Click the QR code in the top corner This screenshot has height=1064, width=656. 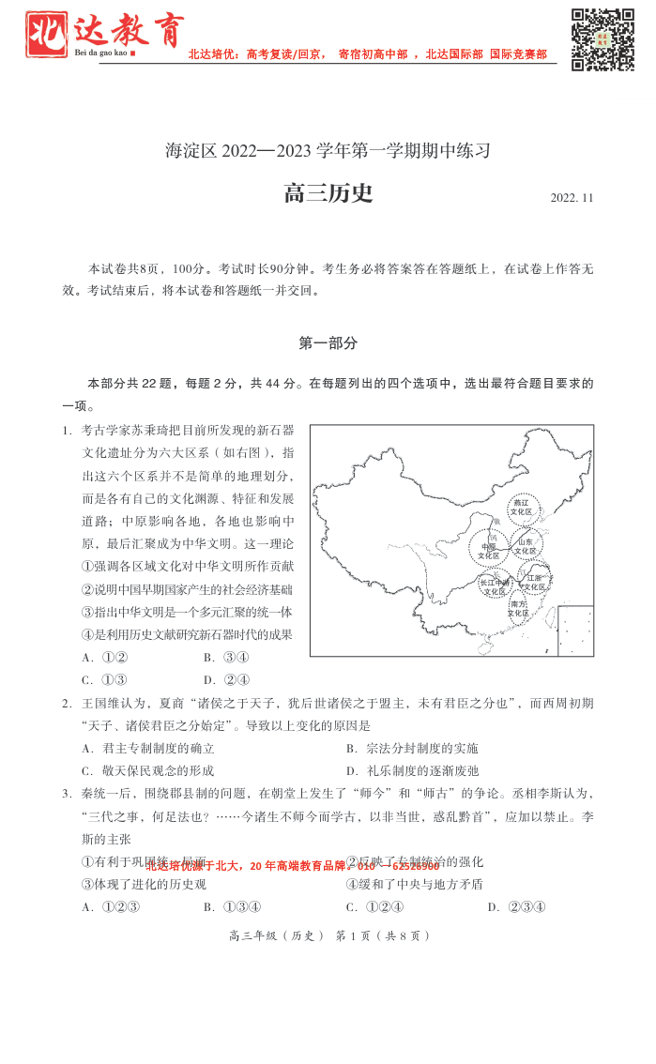tap(603, 38)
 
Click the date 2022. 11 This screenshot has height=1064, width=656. tap(572, 198)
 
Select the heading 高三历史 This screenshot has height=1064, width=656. tap(328, 193)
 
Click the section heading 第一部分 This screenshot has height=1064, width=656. tap(328, 343)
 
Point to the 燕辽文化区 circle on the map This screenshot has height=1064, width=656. tap(521, 508)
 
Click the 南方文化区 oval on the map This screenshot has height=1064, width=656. tap(518, 609)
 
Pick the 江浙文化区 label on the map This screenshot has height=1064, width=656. tap(535, 582)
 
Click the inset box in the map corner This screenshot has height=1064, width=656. tap(575, 631)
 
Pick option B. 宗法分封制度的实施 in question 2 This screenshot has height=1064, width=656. tap(412, 748)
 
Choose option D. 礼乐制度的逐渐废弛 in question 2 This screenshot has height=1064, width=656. tap(412, 770)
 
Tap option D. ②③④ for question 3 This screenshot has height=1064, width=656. tap(516, 906)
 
